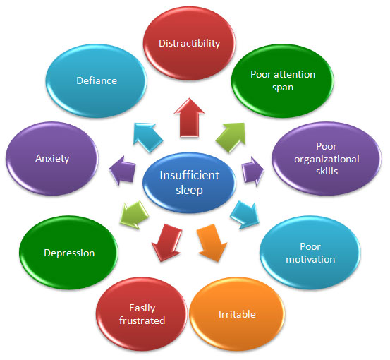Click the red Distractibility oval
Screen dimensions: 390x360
(x=189, y=43)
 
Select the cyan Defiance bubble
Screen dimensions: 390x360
(x=96, y=80)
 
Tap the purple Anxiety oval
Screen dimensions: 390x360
(x=52, y=159)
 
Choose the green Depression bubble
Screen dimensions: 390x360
(x=68, y=253)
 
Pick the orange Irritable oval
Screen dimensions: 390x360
(x=237, y=314)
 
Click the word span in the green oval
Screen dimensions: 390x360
(x=283, y=88)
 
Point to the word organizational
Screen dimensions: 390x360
(x=327, y=159)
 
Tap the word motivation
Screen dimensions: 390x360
(x=310, y=260)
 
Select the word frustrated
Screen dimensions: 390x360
(x=142, y=320)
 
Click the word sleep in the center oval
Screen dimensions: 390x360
(x=189, y=191)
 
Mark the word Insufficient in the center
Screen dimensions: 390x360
(x=189, y=175)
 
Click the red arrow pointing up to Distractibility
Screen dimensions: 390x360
(x=189, y=117)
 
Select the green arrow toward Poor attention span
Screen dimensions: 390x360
(x=231, y=137)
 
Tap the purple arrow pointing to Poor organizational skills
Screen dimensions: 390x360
(x=252, y=172)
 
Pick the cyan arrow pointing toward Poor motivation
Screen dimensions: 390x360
(x=245, y=215)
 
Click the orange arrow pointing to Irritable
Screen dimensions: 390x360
(x=212, y=243)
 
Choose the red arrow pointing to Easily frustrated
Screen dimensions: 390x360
(x=167, y=243)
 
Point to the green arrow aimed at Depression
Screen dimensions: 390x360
(x=134, y=215)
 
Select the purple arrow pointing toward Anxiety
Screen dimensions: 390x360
(x=123, y=171)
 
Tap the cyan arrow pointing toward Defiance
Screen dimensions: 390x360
(x=147, y=137)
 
